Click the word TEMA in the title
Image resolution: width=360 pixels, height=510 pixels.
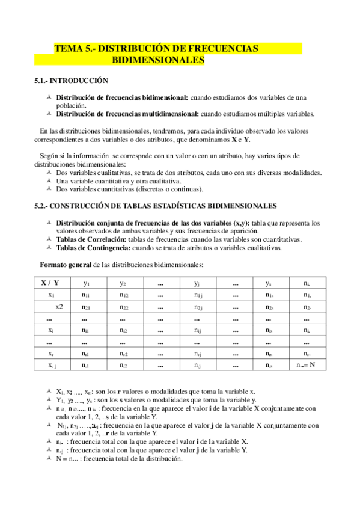click(67, 48)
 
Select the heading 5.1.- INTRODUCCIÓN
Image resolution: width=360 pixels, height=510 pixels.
click(72, 80)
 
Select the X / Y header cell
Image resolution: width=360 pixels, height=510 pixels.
click(50, 283)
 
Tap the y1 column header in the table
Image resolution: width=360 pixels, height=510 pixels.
click(87, 283)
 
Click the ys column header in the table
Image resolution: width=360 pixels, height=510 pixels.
click(269, 283)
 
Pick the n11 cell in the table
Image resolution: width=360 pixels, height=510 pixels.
click(87, 295)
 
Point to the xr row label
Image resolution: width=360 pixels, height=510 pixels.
click(52, 353)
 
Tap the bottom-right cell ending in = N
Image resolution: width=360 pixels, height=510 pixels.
click(307, 365)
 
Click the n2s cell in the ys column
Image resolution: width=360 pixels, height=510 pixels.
click(269, 307)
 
